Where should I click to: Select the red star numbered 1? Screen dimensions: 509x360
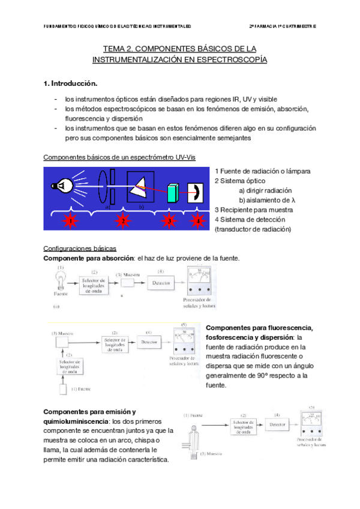70,221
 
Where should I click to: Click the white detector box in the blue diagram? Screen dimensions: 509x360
195,193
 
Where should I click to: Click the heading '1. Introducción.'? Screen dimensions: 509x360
70,82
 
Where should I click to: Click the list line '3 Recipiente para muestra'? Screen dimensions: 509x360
253,209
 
